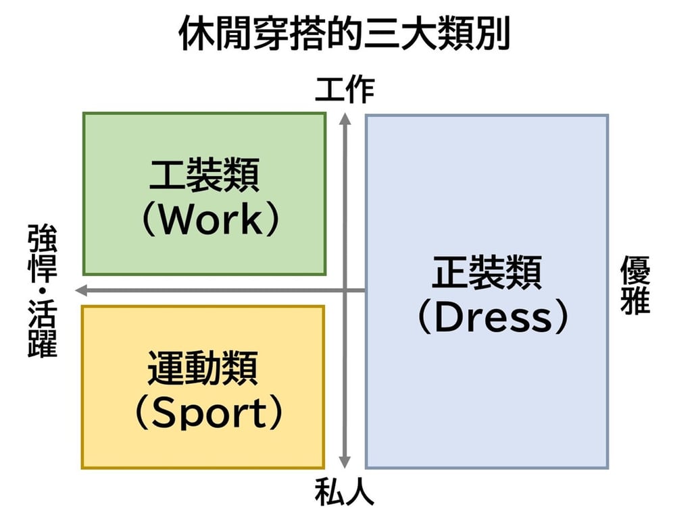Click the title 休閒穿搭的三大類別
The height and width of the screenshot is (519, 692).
345,34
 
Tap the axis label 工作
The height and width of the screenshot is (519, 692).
345,90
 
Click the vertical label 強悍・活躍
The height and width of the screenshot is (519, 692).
43,290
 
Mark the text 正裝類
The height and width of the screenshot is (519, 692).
487,273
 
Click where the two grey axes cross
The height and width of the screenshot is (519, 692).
345,291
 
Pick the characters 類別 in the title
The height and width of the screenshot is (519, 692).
476,34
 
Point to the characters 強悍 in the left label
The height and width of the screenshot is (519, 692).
43,253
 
